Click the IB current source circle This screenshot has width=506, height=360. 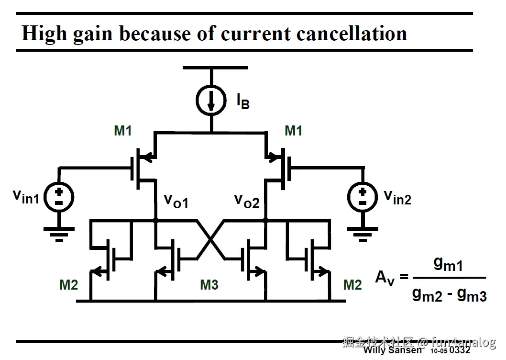tap(211, 100)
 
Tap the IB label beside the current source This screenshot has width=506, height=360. tap(242, 101)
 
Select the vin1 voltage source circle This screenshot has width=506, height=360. tap(59, 197)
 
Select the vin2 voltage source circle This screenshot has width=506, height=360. tap(362, 197)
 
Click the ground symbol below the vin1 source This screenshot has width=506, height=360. tap(59, 233)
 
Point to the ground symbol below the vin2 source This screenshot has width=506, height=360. tap(362, 233)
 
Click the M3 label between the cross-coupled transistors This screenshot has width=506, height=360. tap(209, 285)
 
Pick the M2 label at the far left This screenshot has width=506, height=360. tap(68, 285)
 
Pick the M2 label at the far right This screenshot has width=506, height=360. tap(352, 285)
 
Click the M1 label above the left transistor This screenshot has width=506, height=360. tap(123, 131)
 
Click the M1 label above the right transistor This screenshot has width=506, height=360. tap(293, 131)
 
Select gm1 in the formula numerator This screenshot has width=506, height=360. tap(448, 263)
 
